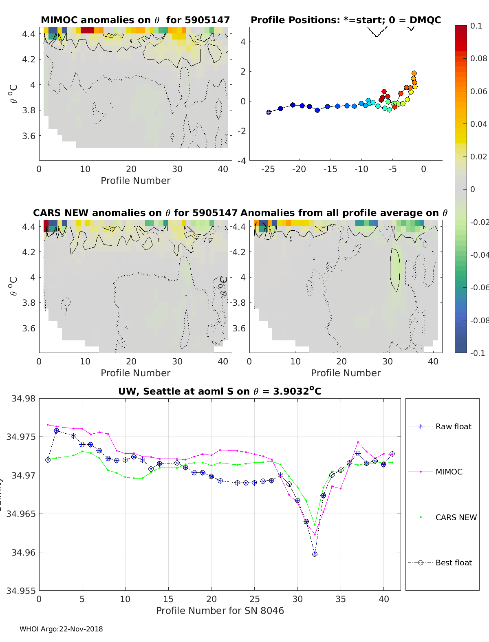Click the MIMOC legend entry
coord(449,472)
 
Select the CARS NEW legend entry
coord(456,517)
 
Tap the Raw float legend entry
coord(453,426)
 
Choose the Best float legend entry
coord(453,563)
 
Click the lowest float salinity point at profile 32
coord(315,554)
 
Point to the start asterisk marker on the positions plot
coord(269,112)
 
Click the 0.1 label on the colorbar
coord(476,26)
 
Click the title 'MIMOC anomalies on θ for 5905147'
coord(135,20)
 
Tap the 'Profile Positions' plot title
coord(346,20)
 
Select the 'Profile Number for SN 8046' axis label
coord(220,611)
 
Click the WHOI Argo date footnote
coord(61,629)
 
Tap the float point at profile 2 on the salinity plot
coord(57,431)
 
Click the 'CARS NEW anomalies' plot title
coord(135,213)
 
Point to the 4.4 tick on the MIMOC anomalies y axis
coord(29,34)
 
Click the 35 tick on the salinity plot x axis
coord(341,599)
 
